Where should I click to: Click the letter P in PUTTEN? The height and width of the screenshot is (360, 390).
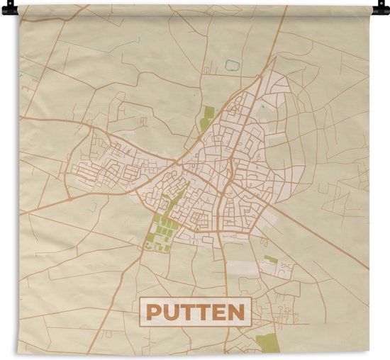click(156, 312)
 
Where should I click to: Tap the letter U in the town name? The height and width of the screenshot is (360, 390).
click(173, 312)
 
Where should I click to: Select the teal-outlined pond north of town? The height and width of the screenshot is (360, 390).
click(231, 65)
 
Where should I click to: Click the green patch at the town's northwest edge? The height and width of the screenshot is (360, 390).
click(206, 118)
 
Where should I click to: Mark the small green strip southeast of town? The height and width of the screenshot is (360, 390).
click(270, 259)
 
